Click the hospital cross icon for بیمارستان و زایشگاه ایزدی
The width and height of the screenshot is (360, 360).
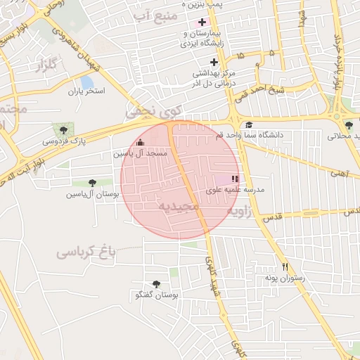tap(202, 22)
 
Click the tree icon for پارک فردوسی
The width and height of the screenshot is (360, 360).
tap(65, 129)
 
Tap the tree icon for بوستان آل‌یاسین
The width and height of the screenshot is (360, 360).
tap(92, 183)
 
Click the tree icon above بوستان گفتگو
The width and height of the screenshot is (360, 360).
tap(155, 285)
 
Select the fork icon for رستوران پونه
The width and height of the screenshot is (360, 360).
tap(285, 267)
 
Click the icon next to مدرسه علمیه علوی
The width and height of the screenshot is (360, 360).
tap(235, 179)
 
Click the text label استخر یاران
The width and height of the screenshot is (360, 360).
tap(86, 92)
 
